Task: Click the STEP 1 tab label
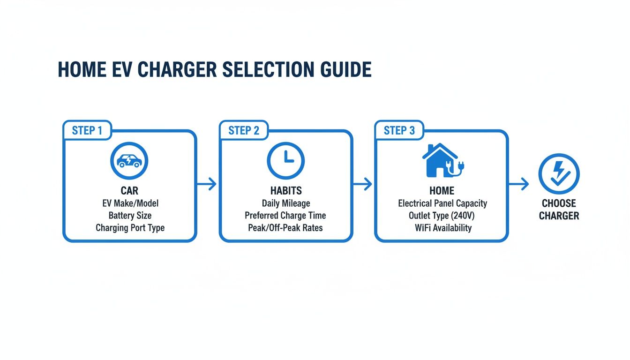pos(87,130)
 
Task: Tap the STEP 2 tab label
pos(243,130)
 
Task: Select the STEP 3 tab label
pos(399,130)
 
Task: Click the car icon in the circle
pos(129,161)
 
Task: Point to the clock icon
pos(285,161)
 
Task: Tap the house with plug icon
pos(442,160)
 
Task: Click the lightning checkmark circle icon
pos(559,174)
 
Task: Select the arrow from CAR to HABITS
pos(207,184)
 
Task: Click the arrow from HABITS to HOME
pos(362,184)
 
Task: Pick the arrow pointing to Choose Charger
pos(518,184)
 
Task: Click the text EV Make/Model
pos(130,203)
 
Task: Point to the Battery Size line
pos(130,216)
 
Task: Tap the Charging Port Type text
pos(130,228)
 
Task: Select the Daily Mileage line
pos(285,203)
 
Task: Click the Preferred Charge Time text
pos(285,216)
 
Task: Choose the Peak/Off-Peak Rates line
pos(285,228)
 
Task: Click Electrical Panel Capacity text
pos(442,203)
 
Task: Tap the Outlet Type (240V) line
pos(442,216)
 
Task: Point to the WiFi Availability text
pos(442,228)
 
